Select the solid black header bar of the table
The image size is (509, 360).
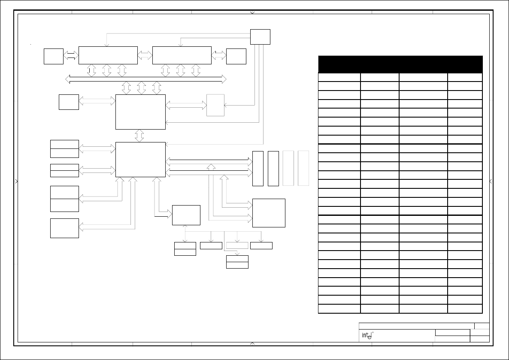click(400, 64)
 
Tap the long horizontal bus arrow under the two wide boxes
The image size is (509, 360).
click(146, 79)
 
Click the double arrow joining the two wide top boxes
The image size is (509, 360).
click(145, 55)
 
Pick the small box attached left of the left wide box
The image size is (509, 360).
click(54, 57)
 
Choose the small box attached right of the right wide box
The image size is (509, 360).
click(236, 57)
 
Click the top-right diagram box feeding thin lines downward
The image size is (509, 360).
click(260, 36)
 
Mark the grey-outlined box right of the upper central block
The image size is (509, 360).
click(215, 105)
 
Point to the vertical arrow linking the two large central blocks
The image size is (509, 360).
click(139, 136)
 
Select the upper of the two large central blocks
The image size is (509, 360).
click(141, 112)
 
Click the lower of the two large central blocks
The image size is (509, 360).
click(141, 159)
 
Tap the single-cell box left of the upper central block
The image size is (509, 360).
click(69, 102)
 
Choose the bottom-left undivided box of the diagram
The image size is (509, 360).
click(65, 228)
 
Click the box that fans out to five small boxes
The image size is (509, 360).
click(186, 215)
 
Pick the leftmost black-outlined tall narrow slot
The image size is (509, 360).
click(258, 169)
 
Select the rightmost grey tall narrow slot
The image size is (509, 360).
click(303, 168)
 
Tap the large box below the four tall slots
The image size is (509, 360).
click(269, 213)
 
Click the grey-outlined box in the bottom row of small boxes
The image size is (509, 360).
click(237, 246)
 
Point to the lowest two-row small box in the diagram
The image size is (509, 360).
click(237, 262)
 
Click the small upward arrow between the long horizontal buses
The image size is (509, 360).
click(211, 167)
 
